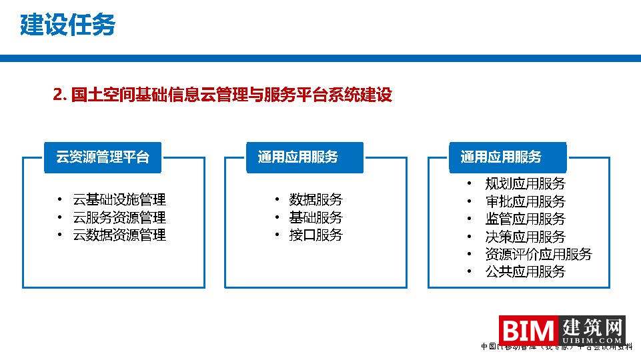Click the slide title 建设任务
(67, 25)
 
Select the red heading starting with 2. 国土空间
(222, 95)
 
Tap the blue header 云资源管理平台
(102, 157)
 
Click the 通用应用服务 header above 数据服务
(298, 157)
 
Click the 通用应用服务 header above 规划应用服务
(501, 157)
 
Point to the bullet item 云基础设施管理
(119, 199)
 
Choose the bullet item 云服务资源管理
(119, 217)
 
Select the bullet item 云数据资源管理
(119, 235)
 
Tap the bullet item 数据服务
(315, 199)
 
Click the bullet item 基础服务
(315, 217)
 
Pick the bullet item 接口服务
(315, 235)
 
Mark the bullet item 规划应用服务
(525, 184)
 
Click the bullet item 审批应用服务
(525, 201)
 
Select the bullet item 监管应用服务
(525, 219)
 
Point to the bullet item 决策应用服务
(525, 237)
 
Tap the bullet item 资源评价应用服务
(538, 254)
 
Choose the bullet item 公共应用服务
(525, 271)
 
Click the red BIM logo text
(529, 331)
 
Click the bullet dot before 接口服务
(276, 235)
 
